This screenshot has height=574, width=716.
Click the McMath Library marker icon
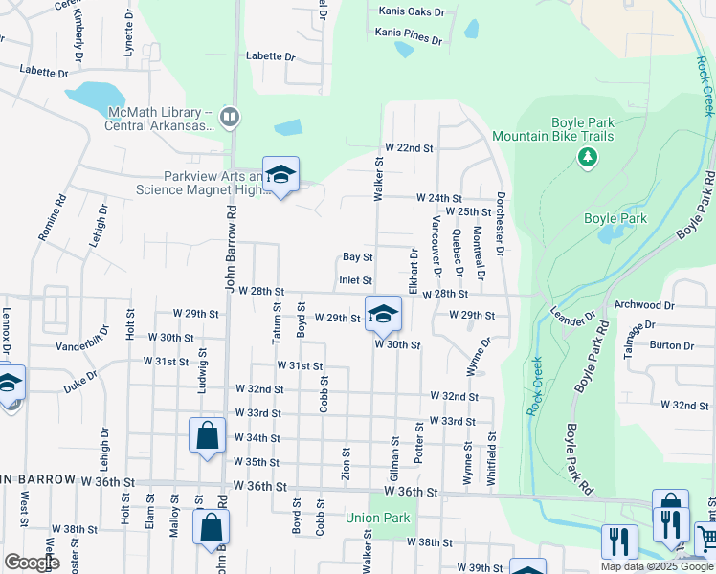click(229, 118)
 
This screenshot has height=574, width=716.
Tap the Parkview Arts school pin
click(280, 175)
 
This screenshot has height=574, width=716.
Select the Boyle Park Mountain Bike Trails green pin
click(587, 156)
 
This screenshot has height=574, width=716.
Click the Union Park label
click(377, 519)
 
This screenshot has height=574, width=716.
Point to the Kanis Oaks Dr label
click(412, 11)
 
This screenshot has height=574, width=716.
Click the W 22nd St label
click(409, 148)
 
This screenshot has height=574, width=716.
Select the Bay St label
click(357, 257)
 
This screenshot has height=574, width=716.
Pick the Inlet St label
click(355, 280)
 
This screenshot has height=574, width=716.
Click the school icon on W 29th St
click(383, 313)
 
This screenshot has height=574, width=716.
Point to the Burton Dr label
click(671, 346)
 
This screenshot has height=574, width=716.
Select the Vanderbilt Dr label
click(84, 346)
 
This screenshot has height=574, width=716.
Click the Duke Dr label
click(81, 383)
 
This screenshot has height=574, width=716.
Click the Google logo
click(32, 563)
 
